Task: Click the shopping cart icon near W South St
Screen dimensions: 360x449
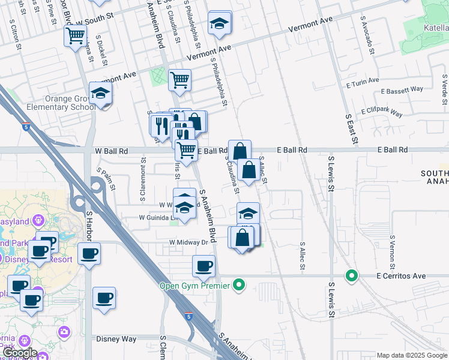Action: (x=75, y=35)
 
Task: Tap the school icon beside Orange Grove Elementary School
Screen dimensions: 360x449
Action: (x=101, y=94)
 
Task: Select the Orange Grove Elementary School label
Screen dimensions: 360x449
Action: (x=52, y=103)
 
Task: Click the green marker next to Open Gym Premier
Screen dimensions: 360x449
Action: (x=240, y=285)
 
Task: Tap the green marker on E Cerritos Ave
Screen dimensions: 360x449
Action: (x=352, y=276)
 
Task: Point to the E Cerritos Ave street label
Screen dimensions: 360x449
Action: (x=401, y=276)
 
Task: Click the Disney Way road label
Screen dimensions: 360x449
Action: (x=116, y=339)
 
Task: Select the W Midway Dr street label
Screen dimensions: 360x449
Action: (x=191, y=242)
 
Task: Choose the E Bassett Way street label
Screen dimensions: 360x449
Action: (x=402, y=91)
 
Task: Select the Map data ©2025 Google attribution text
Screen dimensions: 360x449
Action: (x=412, y=355)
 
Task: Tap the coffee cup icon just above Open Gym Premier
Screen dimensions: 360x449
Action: (x=203, y=266)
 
